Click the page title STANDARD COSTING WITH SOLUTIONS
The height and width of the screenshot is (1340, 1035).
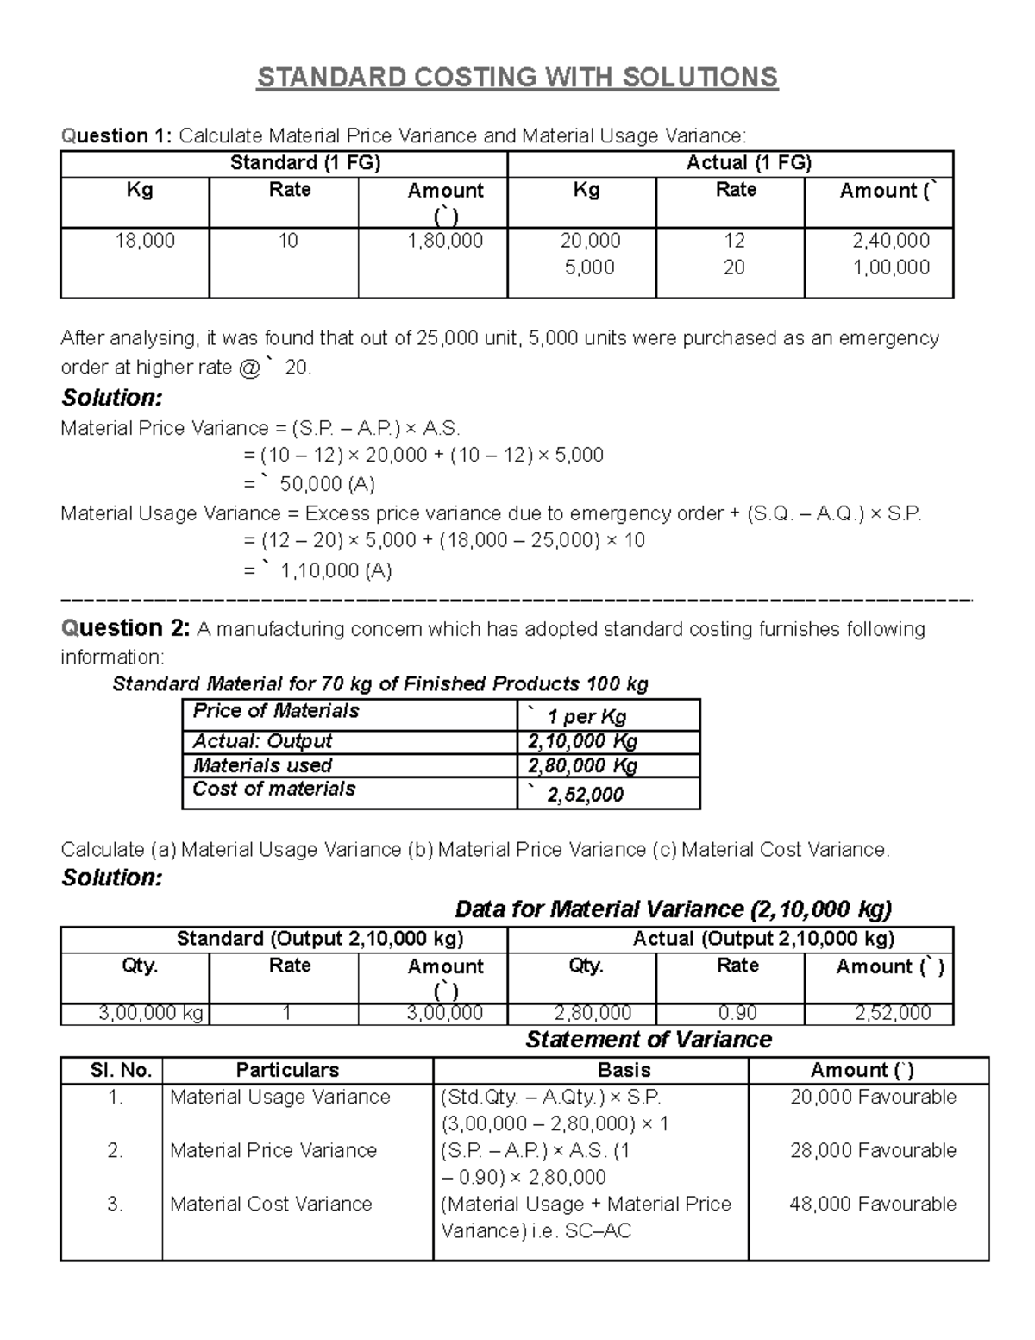[x=517, y=78]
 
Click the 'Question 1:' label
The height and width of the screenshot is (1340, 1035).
[x=116, y=135]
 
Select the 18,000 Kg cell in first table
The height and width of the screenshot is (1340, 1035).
[x=145, y=241]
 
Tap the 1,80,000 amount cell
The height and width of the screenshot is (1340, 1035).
[x=445, y=241]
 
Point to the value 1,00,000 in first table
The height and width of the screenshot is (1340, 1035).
[x=891, y=267]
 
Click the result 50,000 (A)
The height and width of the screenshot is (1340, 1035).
[x=327, y=484]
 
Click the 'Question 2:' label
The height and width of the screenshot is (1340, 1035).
[x=124, y=629]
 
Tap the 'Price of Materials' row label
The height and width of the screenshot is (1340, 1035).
[x=276, y=711]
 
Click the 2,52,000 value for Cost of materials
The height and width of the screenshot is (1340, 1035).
[x=585, y=795]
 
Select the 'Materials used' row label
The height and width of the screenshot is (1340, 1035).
[x=262, y=765]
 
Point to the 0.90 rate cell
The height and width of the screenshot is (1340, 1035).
[x=737, y=1013]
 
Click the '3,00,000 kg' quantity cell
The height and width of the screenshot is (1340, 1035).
[x=151, y=1013]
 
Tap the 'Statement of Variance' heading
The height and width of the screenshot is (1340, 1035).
[x=648, y=1040]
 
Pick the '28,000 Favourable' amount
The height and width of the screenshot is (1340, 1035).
[x=873, y=1150]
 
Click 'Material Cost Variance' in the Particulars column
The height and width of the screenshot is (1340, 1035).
[x=271, y=1204]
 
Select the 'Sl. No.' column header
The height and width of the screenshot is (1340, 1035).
[x=121, y=1071]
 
